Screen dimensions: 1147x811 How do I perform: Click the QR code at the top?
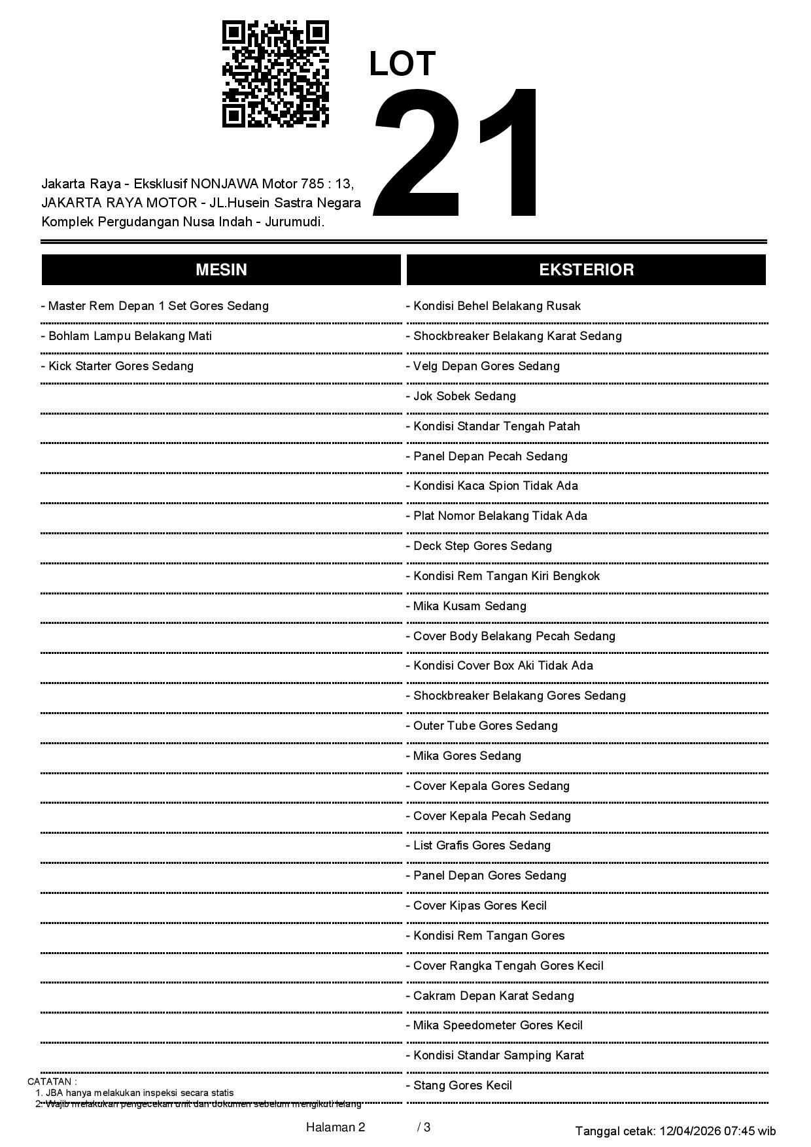pyautogui.click(x=275, y=74)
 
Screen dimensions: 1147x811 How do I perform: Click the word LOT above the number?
pyautogui.click(x=402, y=64)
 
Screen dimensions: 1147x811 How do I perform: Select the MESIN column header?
pyautogui.click(x=221, y=270)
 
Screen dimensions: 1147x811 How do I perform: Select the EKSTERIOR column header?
pyautogui.click(x=586, y=270)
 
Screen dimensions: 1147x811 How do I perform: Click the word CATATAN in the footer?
pyautogui.click(x=52, y=1082)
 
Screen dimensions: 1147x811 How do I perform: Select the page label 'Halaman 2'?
pyautogui.click(x=336, y=1127)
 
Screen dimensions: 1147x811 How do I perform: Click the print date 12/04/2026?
pyautogui.click(x=689, y=1131)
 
